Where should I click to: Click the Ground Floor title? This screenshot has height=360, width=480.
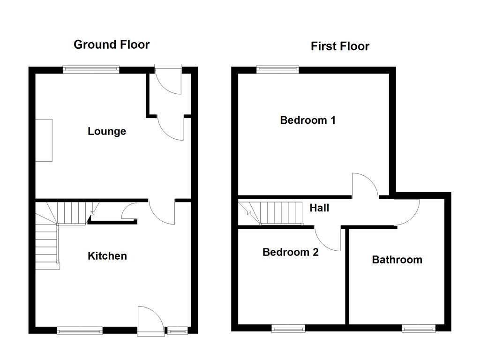click(x=112, y=45)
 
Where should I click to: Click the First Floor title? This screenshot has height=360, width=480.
click(x=340, y=46)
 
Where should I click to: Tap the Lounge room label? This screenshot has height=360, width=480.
click(x=107, y=131)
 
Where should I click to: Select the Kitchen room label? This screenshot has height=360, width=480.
click(x=107, y=256)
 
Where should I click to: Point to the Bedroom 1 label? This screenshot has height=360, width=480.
click(x=307, y=120)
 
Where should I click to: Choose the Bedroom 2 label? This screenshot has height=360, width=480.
click(x=291, y=252)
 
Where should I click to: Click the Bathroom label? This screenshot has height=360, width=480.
click(x=397, y=260)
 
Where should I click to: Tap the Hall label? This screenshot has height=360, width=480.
click(x=319, y=208)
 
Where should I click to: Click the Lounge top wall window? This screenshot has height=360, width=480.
click(x=91, y=70)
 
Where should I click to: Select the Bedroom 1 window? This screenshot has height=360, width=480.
click(x=277, y=70)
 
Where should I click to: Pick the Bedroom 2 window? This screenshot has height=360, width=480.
click(x=289, y=329)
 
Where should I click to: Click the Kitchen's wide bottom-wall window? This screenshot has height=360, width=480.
click(x=80, y=331)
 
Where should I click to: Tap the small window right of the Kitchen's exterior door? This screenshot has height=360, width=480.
click(x=177, y=331)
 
